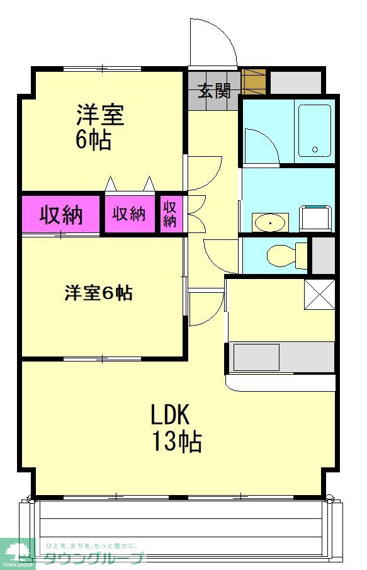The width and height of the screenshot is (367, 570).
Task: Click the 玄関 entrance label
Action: (x=215, y=91)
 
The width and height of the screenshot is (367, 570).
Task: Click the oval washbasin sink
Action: (x=269, y=223)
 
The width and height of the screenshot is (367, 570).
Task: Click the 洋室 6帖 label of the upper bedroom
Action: (x=99, y=127)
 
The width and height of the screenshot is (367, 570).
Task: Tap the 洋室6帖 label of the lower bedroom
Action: (x=98, y=293)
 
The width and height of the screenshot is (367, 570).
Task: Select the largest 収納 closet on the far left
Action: (x=60, y=215)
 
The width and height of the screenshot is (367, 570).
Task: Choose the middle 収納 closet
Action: (x=129, y=214)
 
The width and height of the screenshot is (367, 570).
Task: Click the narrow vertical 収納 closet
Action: (x=170, y=214)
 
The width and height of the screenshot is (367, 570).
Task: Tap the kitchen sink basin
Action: (x=256, y=357)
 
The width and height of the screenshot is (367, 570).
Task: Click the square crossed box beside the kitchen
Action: (x=319, y=295)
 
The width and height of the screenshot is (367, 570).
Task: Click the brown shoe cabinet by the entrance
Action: (x=254, y=81)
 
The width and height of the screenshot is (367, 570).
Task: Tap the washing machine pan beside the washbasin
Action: (x=315, y=218)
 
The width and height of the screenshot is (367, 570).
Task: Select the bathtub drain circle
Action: (x=315, y=149)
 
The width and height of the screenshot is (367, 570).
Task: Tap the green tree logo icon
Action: (x=16, y=553)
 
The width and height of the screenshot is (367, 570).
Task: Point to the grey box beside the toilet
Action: (x=324, y=256)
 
